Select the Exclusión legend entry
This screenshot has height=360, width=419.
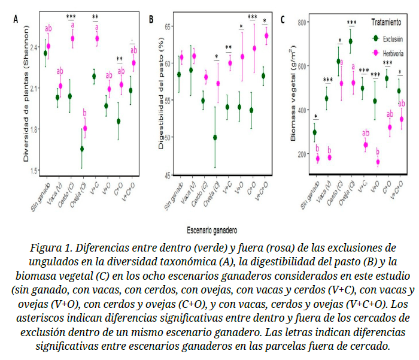[x=389, y=38]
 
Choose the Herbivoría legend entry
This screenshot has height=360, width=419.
[x=390, y=53]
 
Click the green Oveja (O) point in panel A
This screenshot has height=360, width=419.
[x=82, y=149]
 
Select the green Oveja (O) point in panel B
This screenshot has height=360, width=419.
[x=215, y=137]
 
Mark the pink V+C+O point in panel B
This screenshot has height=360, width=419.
[x=266, y=35]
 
